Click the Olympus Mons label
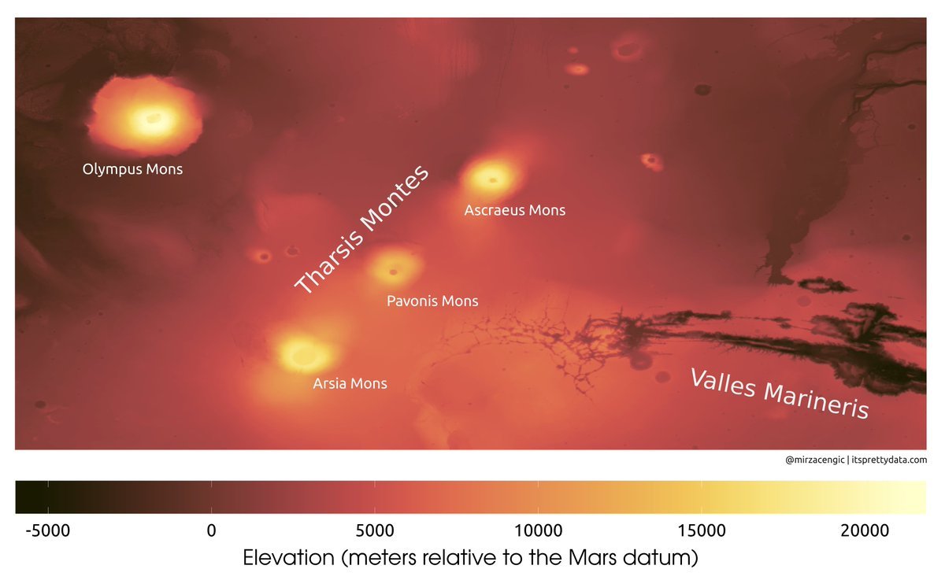pos(132,168)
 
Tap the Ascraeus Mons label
pos(515,210)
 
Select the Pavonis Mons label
pos(432,301)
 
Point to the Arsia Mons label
pos(350,383)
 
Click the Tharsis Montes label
pos(363,230)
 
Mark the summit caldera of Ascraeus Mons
pos(492,180)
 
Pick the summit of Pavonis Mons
pos(392,272)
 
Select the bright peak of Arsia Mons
pos(300,353)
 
